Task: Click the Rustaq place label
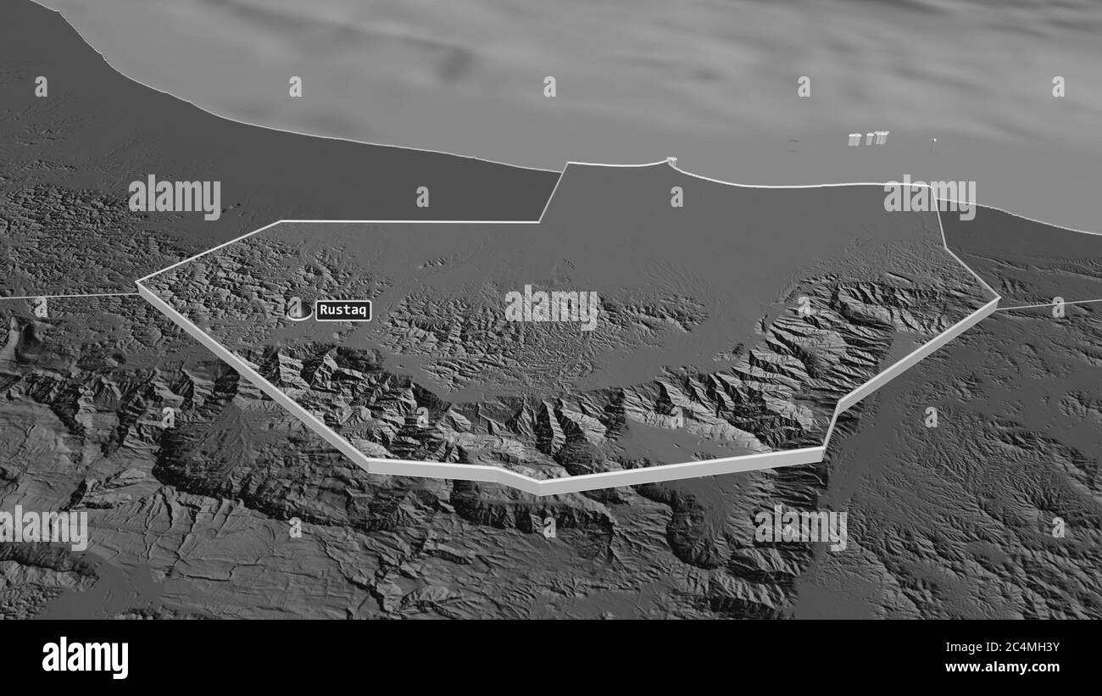pyautogui.click(x=343, y=310)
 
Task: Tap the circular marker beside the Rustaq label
pyautogui.click(x=298, y=309)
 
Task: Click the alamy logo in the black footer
pyautogui.click(x=85, y=658)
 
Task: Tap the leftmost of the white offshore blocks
pyautogui.click(x=854, y=139)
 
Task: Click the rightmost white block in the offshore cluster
pyautogui.click(x=882, y=136)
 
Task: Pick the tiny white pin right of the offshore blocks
pyautogui.click(x=934, y=142)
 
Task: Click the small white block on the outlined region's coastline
pyautogui.click(x=671, y=160)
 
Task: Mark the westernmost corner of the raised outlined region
pyautogui.click(x=137, y=284)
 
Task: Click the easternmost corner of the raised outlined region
pyautogui.click(x=999, y=298)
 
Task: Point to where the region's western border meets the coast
pyautogui.click(x=566, y=164)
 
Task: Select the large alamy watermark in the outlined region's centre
pyautogui.click(x=551, y=308)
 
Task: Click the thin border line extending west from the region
pyautogui.click(x=68, y=297)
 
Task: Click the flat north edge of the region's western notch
pyautogui.click(x=407, y=222)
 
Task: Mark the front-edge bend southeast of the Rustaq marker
pyautogui.click(x=368, y=463)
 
